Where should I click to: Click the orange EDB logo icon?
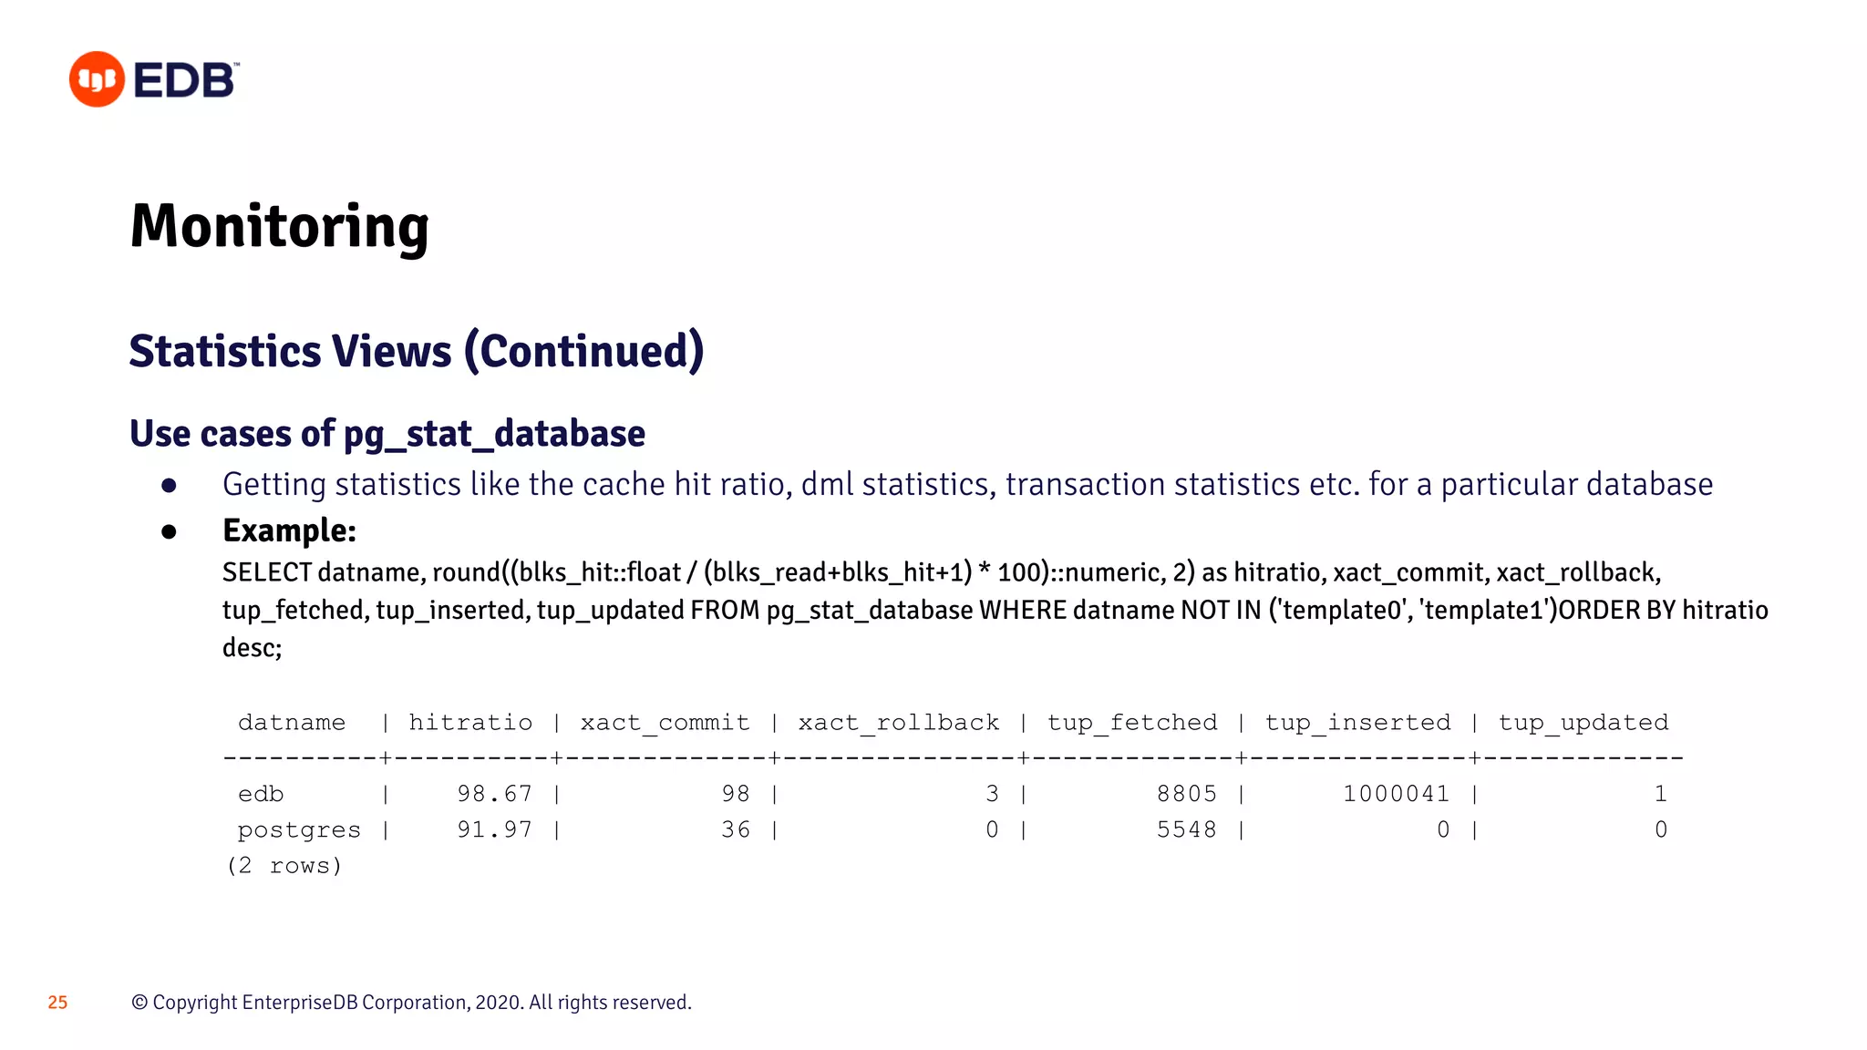pyautogui.click(x=97, y=79)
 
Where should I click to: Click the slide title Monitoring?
pyautogui.click(x=279, y=226)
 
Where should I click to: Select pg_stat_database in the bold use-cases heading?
pyautogui.click(x=494, y=434)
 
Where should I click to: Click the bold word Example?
pyautogui.click(x=287, y=530)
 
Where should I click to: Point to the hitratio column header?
pyautogui.click(x=470, y=723)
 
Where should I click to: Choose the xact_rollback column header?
pyautogui.click(x=898, y=723)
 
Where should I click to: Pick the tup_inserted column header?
pyautogui.click(x=1357, y=723)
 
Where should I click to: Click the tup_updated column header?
pyautogui.click(x=1583, y=723)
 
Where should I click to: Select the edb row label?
pyautogui.click(x=261, y=794)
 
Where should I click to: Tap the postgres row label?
pyautogui.click(x=299, y=830)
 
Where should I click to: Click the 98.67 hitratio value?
pyautogui.click(x=494, y=794)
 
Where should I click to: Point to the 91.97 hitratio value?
pyautogui.click(x=494, y=829)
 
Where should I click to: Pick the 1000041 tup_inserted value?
pyautogui.click(x=1396, y=794)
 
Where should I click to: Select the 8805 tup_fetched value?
pyautogui.click(x=1186, y=794)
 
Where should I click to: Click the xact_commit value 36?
pyautogui.click(x=736, y=829)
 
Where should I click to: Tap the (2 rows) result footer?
pyautogui.click(x=284, y=866)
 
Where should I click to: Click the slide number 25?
pyautogui.click(x=57, y=1003)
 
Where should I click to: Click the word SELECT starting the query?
pyautogui.click(x=267, y=572)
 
